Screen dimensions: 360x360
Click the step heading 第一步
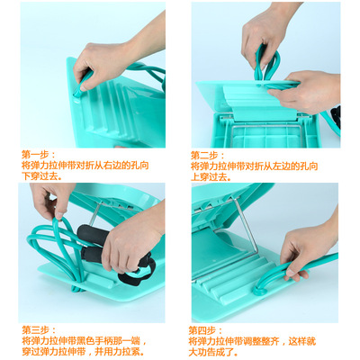click(37, 154)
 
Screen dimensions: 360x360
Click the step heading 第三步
click(37, 330)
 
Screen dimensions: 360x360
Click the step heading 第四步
click(205, 330)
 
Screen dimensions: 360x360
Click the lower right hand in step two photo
click(310, 90)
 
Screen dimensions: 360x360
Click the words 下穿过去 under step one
click(38, 176)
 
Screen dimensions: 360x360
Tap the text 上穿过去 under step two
click(207, 176)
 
